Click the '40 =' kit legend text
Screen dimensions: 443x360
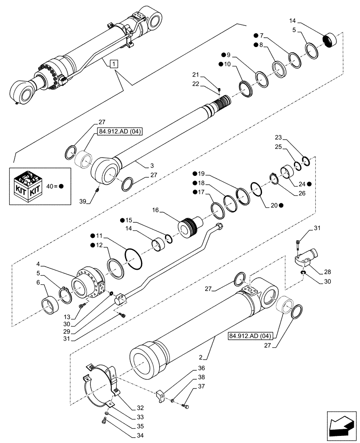(x=52, y=186)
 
